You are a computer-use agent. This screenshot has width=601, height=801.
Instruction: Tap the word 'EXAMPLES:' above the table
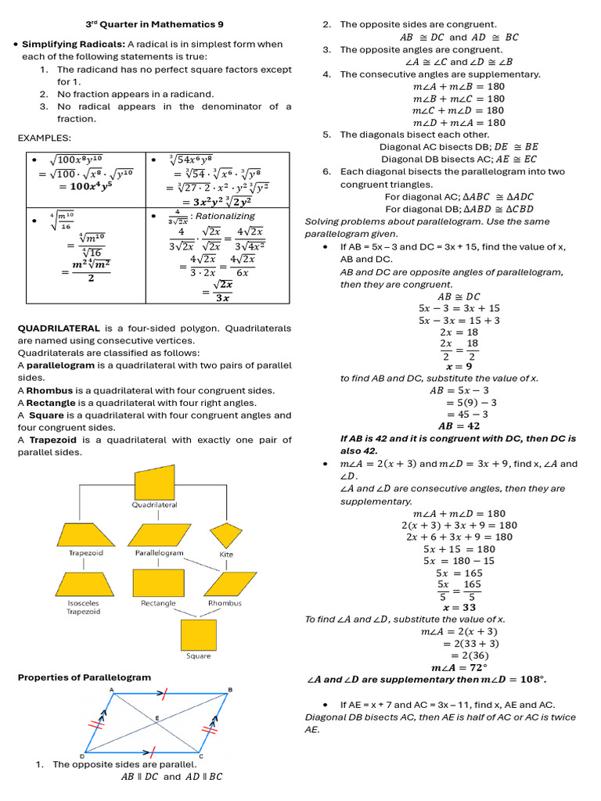click(x=45, y=138)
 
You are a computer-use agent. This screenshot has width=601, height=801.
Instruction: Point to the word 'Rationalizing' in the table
click(x=225, y=216)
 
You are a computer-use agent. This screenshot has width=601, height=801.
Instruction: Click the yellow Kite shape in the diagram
click(x=227, y=535)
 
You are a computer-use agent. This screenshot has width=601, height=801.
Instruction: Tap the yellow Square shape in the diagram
click(x=198, y=634)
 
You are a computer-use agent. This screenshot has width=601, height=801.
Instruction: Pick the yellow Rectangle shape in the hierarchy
click(x=158, y=583)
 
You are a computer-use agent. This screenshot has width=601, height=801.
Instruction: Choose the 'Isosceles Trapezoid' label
click(x=83, y=608)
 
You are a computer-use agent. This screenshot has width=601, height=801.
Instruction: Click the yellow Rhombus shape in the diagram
click(x=225, y=584)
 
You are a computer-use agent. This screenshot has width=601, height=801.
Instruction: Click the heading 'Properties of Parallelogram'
click(x=85, y=677)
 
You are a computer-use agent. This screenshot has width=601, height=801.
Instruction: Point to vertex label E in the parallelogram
click(x=158, y=717)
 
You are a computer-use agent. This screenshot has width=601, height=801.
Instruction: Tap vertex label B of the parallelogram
click(x=229, y=689)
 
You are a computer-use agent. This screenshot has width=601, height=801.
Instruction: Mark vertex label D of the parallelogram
click(x=82, y=756)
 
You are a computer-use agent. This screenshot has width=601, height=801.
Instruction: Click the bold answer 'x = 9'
click(x=459, y=366)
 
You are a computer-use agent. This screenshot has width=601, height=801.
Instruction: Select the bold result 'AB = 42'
click(x=459, y=426)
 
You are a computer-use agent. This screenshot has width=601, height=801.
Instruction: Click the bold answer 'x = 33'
click(x=459, y=607)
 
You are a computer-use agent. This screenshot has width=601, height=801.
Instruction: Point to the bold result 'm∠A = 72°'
click(x=459, y=667)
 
